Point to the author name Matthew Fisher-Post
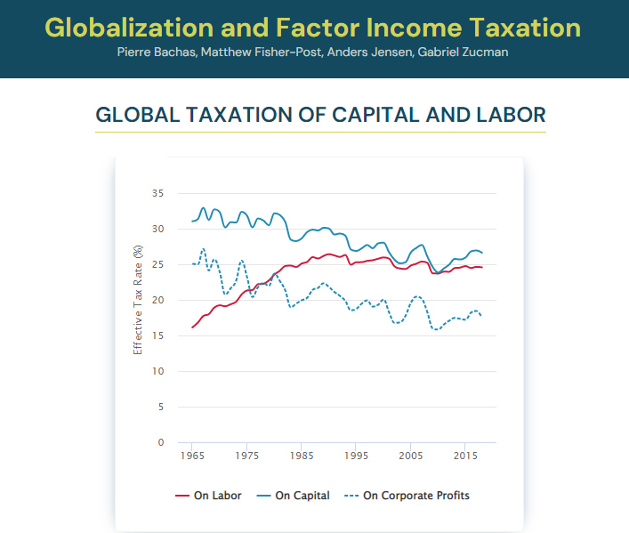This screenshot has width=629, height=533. pyautogui.click(x=260, y=52)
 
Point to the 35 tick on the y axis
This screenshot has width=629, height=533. pyautogui.click(x=158, y=193)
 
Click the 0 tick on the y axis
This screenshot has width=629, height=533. pyautogui.click(x=161, y=442)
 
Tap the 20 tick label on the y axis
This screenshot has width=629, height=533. pyautogui.click(x=158, y=300)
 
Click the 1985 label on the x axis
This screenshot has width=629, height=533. pyautogui.click(x=301, y=456)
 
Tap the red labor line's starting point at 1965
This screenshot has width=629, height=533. pyautogui.click(x=192, y=327)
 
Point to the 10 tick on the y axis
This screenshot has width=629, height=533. pyautogui.click(x=158, y=371)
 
